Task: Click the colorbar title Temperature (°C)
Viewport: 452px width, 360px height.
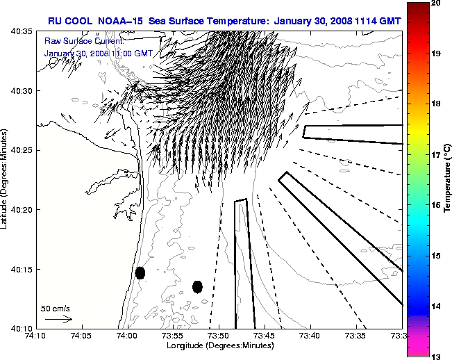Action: click(448, 179)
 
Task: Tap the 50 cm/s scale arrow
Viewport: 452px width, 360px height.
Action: click(59, 320)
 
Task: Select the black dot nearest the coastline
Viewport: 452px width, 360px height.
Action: click(140, 272)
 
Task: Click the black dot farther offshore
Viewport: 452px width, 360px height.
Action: click(197, 286)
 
